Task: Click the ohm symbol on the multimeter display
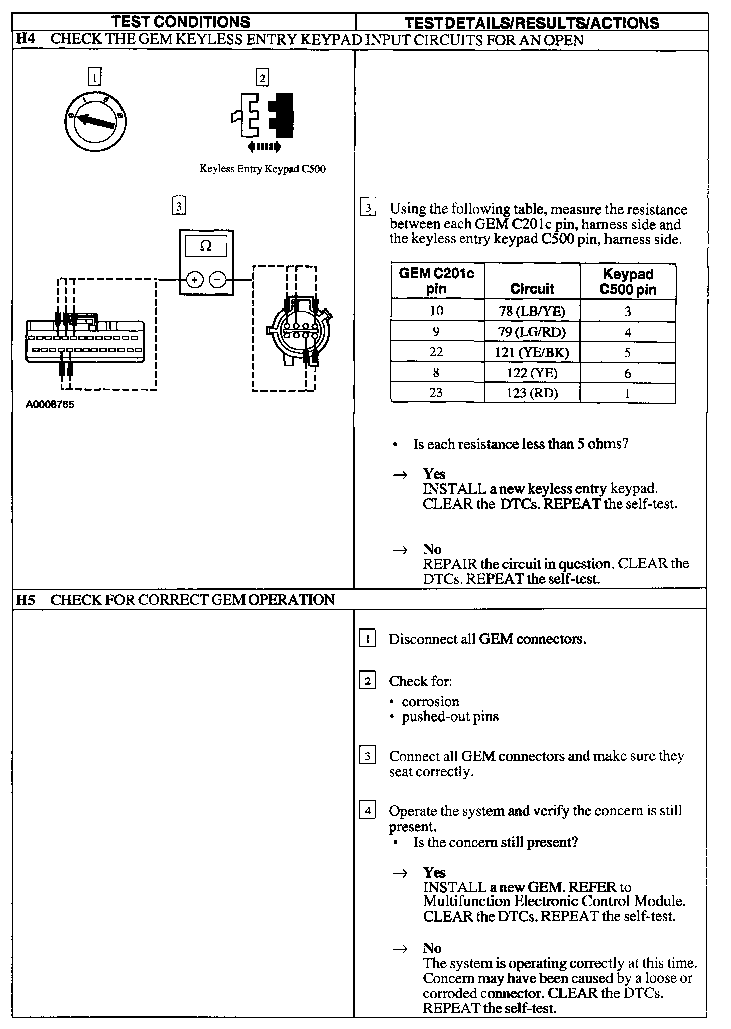point(206,246)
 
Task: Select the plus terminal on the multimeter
point(194,279)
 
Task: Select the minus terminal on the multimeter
point(217,279)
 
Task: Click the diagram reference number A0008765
point(50,405)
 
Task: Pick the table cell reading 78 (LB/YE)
point(532,311)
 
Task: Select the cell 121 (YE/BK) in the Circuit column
point(532,352)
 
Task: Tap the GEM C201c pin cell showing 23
point(436,392)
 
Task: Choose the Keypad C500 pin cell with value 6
point(627,373)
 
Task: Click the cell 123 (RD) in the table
point(532,393)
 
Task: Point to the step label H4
point(26,39)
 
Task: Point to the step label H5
point(26,600)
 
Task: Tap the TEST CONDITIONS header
point(181,22)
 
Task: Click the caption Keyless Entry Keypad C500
point(263,169)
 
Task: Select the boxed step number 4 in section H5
point(368,810)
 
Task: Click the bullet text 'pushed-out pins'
point(450,716)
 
